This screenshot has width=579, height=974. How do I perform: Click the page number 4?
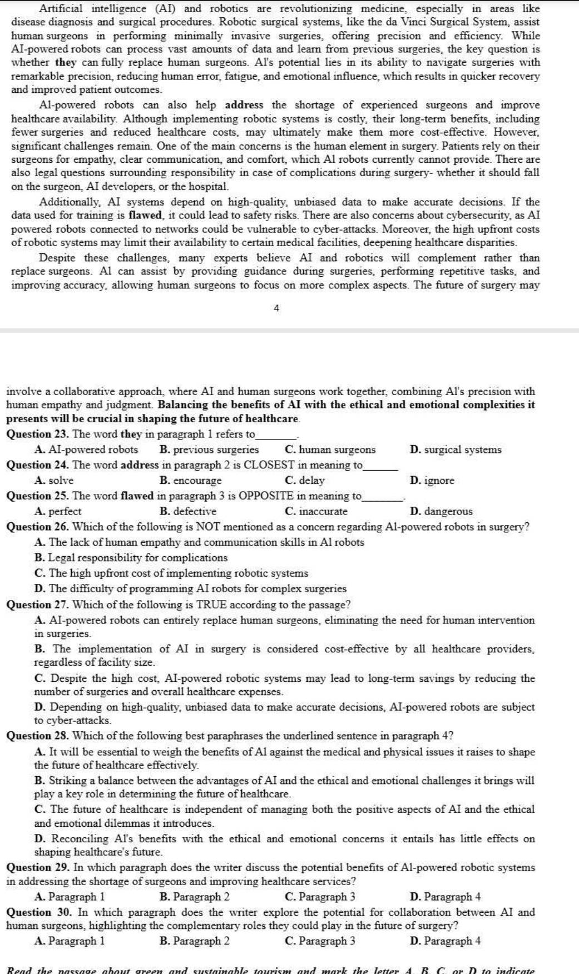click(x=276, y=308)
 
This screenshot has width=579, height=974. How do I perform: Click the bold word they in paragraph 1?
click(x=66, y=62)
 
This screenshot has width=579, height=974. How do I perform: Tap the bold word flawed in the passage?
click(x=145, y=215)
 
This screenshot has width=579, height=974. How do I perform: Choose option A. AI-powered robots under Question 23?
click(x=86, y=449)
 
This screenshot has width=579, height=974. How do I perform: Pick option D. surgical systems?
click(x=456, y=449)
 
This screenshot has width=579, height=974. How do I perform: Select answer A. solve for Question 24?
click(x=54, y=481)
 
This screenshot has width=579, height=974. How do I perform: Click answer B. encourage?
click(x=190, y=481)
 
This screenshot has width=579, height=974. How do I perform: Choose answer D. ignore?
click(x=432, y=481)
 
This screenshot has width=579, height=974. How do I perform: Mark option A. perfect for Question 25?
click(x=58, y=511)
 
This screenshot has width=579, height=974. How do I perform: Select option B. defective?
click(x=188, y=511)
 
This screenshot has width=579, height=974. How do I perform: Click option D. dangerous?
click(x=441, y=511)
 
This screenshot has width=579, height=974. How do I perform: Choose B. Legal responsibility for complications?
click(x=131, y=557)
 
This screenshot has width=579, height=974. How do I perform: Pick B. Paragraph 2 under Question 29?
click(x=194, y=896)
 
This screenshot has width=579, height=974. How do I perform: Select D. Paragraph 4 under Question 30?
click(x=445, y=941)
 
